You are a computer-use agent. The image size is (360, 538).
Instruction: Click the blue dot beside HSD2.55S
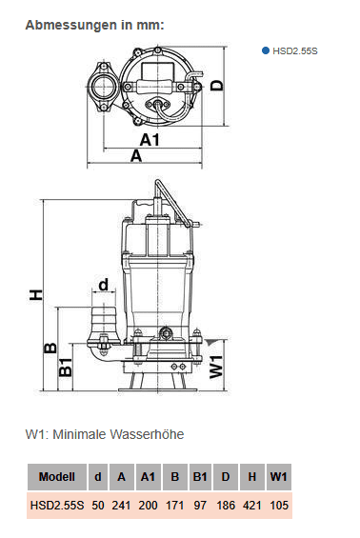pyautogui.click(x=266, y=50)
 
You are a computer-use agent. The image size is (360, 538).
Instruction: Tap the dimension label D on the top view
pyautogui.click(x=216, y=85)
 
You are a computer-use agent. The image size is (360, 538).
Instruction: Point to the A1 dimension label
pyautogui.click(x=150, y=140)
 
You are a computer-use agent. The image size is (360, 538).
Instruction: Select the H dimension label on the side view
pyautogui.click(x=35, y=295)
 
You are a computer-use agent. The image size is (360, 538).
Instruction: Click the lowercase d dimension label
pyautogui.click(x=103, y=285)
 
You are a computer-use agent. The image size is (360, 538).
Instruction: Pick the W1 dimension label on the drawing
pyautogui.click(x=216, y=367)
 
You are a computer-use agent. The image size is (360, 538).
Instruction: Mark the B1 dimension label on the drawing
pyautogui.click(x=66, y=368)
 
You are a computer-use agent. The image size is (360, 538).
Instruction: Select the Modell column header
pyautogui.click(x=57, y=477)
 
